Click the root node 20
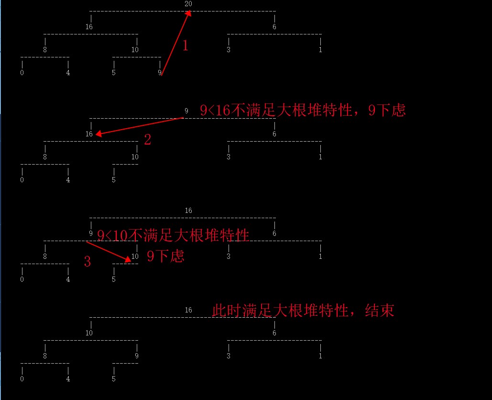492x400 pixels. pyautogui.click(x=188, y=4)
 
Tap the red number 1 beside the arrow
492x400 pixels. pyautogui.click(x=186, y=46)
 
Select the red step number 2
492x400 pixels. pyautogui.click(x=147, y=140)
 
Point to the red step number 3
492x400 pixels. pyautogui.click(x=87, y=262)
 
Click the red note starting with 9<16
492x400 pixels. pyautogui.click(x=303, y=111)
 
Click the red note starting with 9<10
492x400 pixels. pyautogui.click(x=173, y=235)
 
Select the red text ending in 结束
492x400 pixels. pyautogui.click(x=303, y=311)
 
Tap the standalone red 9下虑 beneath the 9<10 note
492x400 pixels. pyautogui.click(x=165, y=256)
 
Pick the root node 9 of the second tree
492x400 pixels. pyautogui.click(x=186, y=111)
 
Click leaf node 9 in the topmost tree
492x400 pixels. pyautogui.click(x=160, y=73)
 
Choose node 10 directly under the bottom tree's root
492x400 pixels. pyautogui.click(x=89, y=333)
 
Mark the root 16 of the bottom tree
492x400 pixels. pyautogui.click(x=188, y=310)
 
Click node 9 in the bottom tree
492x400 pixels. pyautogui.click(x=137, y=356)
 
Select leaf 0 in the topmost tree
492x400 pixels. pyautogui.click(x=22, y=73)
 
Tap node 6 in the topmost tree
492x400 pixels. pyautogui.click(x=274, y=27)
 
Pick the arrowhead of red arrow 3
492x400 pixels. pyautogui.click(x=128, y=259)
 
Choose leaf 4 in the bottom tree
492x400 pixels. pyautogui.click(x=68, y=379)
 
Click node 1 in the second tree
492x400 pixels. pyautogui.click(x=320, y=157)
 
